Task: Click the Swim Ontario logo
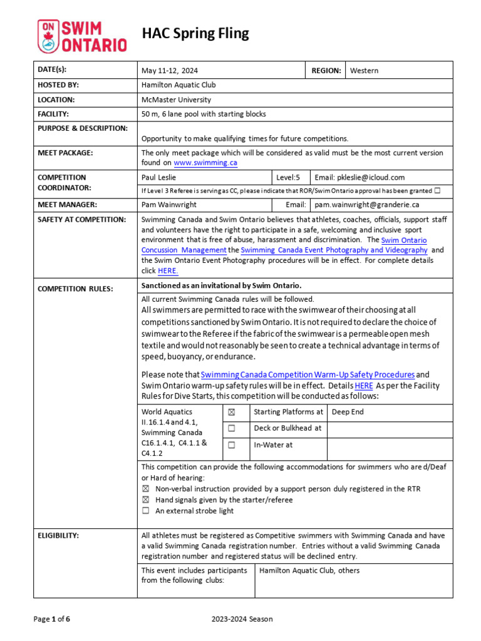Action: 82,35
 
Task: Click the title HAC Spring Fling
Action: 195,33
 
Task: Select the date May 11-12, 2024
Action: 170,71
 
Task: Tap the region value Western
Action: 364,71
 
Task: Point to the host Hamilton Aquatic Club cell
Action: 178,85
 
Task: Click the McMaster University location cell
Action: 176,100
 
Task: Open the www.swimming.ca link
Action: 205,163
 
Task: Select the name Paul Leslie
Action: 159,178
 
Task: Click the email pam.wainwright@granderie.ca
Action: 367,205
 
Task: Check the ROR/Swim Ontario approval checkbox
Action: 437,190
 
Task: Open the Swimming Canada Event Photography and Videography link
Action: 334,250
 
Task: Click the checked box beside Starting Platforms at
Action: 231,413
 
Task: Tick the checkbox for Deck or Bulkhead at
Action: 231,429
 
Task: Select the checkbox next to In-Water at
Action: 231,445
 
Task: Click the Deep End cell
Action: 348,412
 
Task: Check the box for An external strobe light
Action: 146,511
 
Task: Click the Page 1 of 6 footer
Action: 52,619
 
